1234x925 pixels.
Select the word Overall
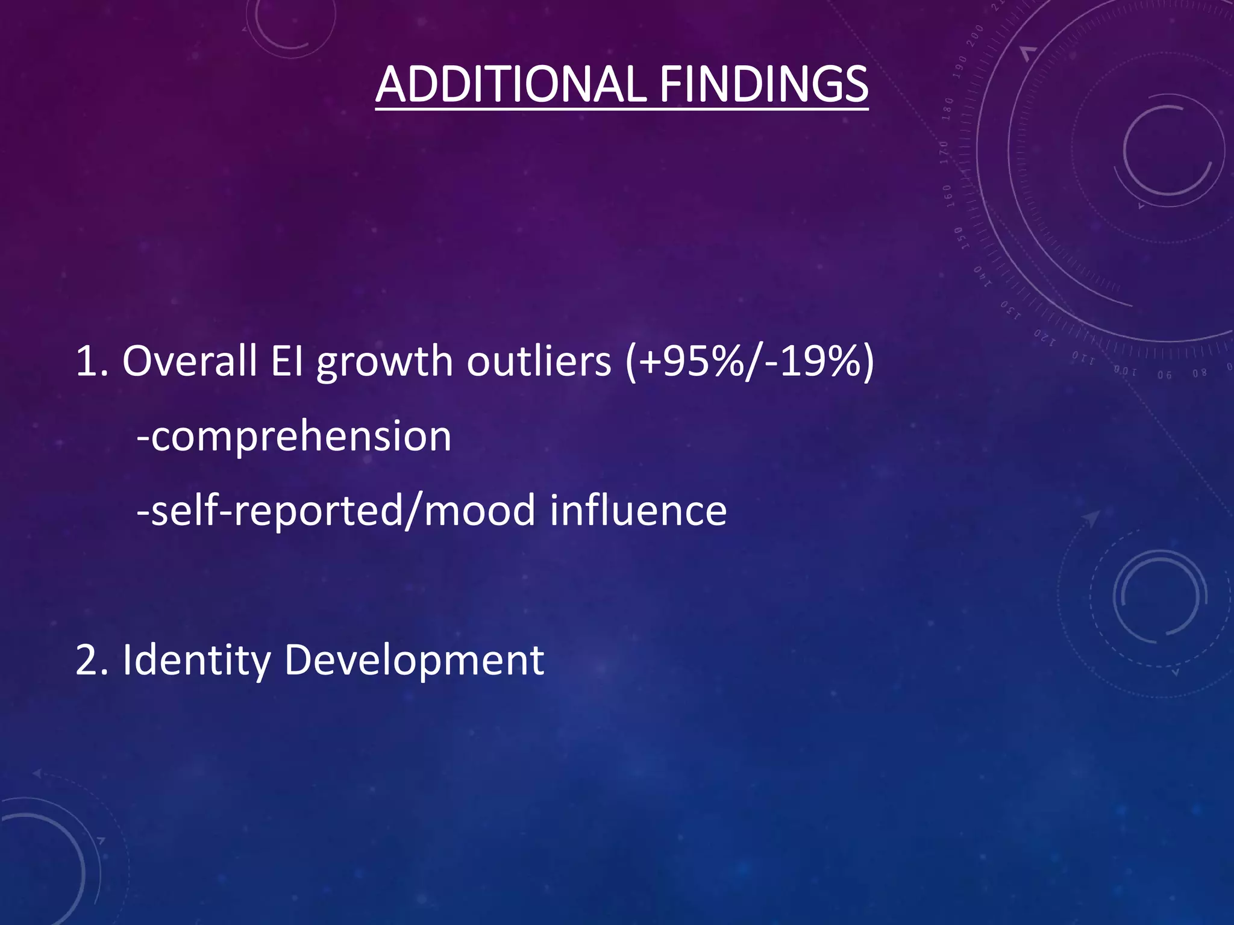tap(189, 362)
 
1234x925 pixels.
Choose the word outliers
tap(539, 362)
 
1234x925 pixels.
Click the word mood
tap(480, 511)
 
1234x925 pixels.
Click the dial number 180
tap(948, 108)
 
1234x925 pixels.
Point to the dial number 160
tap(948, 196)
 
